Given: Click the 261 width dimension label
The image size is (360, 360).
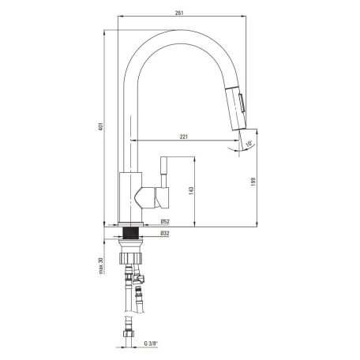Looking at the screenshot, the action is click(179, 13).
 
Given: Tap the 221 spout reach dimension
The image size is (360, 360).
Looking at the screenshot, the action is click(184, 137).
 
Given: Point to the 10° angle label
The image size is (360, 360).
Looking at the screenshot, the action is click(249, 144).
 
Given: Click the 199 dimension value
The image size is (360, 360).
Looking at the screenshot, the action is click(253, 182).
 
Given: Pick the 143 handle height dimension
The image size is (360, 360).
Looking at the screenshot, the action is click(191, 190).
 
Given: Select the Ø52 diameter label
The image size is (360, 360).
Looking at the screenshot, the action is click(165, 222).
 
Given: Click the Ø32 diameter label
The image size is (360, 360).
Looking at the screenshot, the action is click(165, 233).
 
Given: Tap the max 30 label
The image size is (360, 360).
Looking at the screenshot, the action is click(101, 266).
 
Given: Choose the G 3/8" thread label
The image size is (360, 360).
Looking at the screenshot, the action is click(151, 343).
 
